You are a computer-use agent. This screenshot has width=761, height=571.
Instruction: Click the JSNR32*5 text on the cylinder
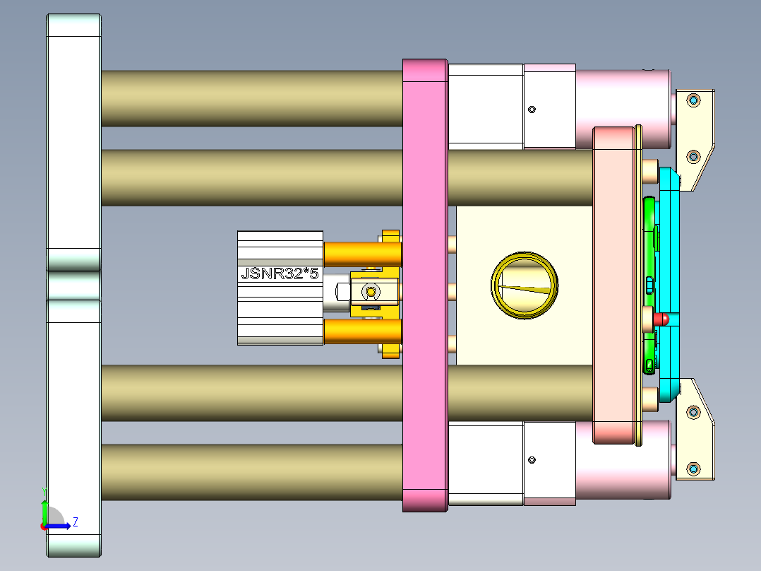tap(280, 273)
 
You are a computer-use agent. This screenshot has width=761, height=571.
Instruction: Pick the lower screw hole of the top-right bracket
tap(693, 156)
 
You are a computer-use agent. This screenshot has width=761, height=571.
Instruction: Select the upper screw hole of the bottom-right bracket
tap(693, 411)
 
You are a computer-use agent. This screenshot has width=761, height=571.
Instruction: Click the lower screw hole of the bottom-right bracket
tap(693, 469)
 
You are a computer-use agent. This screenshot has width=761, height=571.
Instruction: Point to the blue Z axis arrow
tap(60, 525)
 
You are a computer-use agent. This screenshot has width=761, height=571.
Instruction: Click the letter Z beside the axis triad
tap(75, 522)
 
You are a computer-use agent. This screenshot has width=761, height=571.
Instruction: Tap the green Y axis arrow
tap(44, 510)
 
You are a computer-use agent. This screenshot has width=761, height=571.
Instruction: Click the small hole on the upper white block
tap(532, 110)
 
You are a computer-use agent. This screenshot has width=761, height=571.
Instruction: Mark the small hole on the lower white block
tap(532, 460)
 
